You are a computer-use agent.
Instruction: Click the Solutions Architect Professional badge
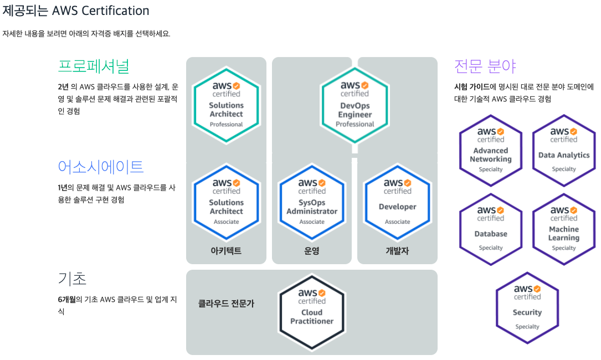tap(226, 105)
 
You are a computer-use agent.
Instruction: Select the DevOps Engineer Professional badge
tap(355, 105)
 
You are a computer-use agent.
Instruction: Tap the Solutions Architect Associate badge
tap(226, 202)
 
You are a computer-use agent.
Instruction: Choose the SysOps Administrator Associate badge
tap(311, 202)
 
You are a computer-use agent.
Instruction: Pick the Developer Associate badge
tap(397, 202)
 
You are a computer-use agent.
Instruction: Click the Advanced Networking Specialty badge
tap(491, 151)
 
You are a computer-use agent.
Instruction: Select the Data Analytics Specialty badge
tap(564, 151)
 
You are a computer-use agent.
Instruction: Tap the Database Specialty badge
tap(491, 230)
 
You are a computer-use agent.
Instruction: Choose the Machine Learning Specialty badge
tap(564, 230)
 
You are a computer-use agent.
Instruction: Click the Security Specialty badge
tap(527, 308)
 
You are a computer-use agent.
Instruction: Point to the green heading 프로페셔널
tap(94, 66)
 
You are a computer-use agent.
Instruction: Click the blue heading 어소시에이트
tap(101, 166)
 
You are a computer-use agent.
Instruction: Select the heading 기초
tap(72, 277)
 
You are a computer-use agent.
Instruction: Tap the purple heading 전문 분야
tap(485, 66)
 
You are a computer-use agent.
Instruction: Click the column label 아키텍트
tap(226, 251)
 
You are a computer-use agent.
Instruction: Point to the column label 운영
tap(312, 251)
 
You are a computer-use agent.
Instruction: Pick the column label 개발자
tap(397, 251)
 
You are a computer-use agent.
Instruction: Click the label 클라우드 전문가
tap(226, 304)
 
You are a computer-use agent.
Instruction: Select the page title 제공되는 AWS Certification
tap(76, 11)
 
